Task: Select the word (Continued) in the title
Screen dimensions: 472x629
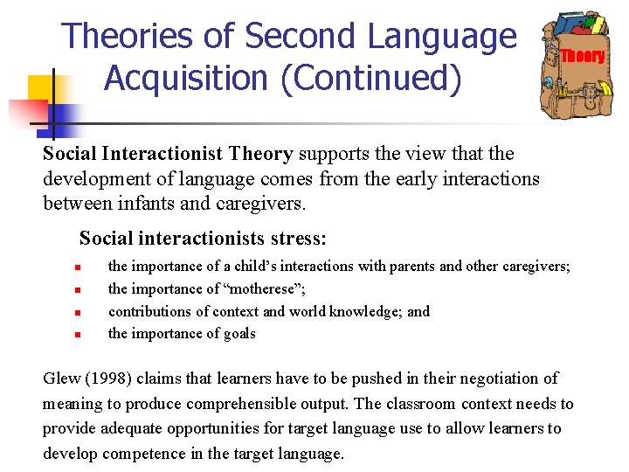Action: click(379, 79)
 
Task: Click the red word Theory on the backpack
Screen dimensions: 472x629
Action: click(583, 56)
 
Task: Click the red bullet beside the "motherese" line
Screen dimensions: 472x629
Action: click(78, 289)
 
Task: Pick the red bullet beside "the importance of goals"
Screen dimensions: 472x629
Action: click(78, 333)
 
